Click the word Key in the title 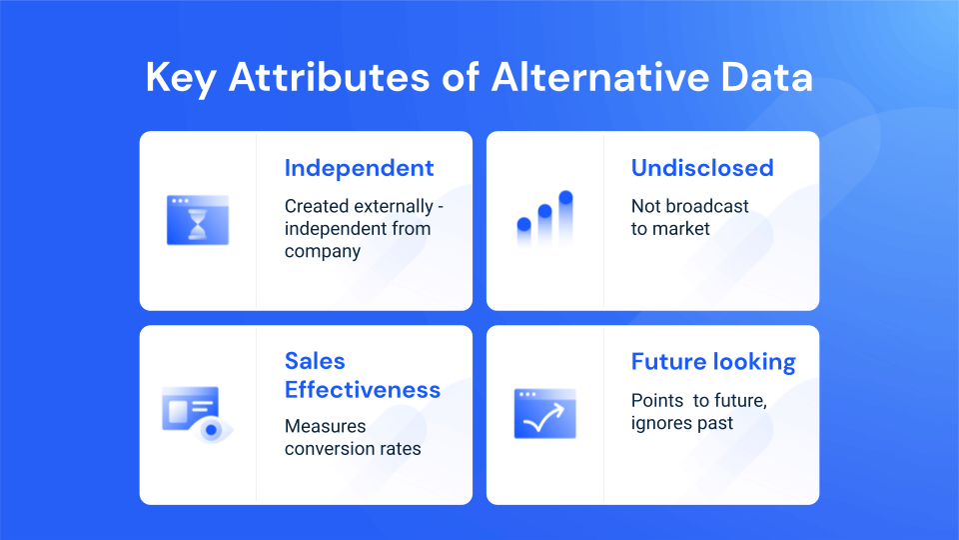tap(181, 77)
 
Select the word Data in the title tap(762, 77)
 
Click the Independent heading tap(359, 168)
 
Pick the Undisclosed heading tap(702, 168)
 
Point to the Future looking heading tap(713, 362)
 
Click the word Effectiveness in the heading tap(363, 390)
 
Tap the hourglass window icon tap(198, 220)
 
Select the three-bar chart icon tap(544, 219)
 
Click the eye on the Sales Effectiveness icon tap(211, 429)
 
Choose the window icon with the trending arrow tap(544, 413)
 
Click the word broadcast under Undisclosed tap(708, 207)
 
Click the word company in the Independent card tap(322, 251)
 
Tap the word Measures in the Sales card tap(325, 426)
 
